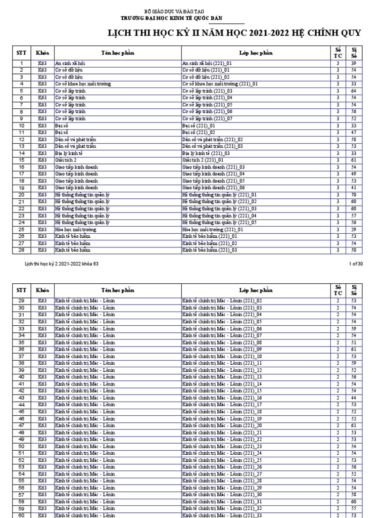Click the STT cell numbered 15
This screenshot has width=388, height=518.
(x=22, y=160)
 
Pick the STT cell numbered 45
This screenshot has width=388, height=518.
(x=22, y=412)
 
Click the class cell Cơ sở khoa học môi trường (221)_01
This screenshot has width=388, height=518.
(x=220, y=84)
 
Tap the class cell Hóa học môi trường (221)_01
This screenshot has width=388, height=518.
(x=212, y=229)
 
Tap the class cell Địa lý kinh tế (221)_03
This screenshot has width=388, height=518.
(x=206, y=153)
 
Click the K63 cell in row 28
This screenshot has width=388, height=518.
(x=42, y=250)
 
